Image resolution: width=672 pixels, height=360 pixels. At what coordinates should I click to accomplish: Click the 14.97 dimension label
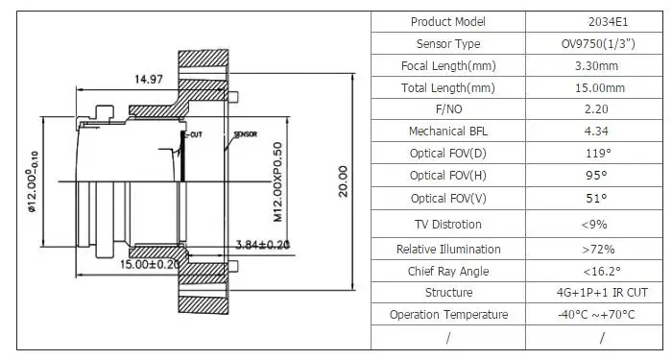[x=149, y=80]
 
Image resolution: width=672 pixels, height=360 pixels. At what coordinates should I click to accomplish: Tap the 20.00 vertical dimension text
[x=344, y=181]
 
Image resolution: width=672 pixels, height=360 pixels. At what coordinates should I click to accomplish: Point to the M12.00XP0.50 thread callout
[x=278, y=181]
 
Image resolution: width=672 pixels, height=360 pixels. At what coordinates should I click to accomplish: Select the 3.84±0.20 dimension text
[x=262, y=245]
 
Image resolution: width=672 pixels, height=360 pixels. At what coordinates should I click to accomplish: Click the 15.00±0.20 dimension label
[x=150, y=264]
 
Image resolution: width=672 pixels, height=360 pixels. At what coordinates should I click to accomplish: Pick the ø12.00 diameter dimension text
[x=34, y=181]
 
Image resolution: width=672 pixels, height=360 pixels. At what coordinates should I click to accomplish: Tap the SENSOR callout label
[x=245, y=134]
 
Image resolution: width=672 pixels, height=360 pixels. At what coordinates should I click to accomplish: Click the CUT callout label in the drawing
[x=196, y=134]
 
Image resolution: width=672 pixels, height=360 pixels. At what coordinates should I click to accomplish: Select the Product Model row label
[x=448, y=22]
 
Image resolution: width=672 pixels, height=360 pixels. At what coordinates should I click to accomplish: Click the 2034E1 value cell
[x=608, y=22]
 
